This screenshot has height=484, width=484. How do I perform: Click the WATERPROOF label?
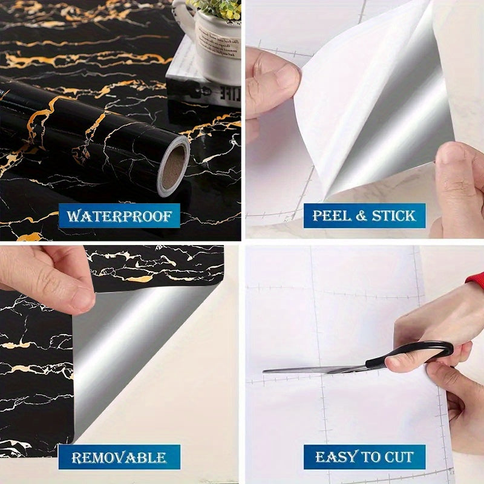[119, 215]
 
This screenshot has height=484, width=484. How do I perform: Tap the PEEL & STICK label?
[364, 215]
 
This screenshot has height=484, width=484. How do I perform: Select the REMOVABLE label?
[119, 457]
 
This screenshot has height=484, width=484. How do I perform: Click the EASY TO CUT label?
[364, 457]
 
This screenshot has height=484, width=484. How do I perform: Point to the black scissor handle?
[411, 354]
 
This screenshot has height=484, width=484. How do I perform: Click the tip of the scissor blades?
[266, 370]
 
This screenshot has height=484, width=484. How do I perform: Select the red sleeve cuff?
[476, 279]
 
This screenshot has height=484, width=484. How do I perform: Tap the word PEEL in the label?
[331, 215]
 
